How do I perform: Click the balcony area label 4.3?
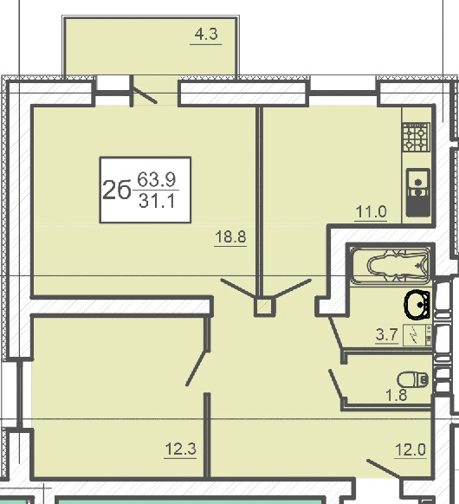coord(206,34)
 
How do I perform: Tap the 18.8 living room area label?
coord(230,237)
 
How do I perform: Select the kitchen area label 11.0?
coord(371,212)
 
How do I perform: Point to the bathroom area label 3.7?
coord(387,334)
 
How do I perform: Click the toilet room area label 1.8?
coord(397,395)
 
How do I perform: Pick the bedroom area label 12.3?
coord(180,449)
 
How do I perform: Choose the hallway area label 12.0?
coord(411,449)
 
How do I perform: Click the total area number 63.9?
coord(157,179)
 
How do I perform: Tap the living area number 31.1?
coord(157,202)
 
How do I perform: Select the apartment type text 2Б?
coord(117,190)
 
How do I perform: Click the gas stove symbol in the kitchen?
coord(417,137)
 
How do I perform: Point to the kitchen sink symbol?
coord(417,192)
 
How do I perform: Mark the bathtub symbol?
coord(390,267)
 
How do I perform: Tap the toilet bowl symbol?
coord(413,380)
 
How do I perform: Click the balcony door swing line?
coord(145,95)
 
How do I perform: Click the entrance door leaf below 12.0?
coord(384,469)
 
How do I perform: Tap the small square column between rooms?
coord(265,307)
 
